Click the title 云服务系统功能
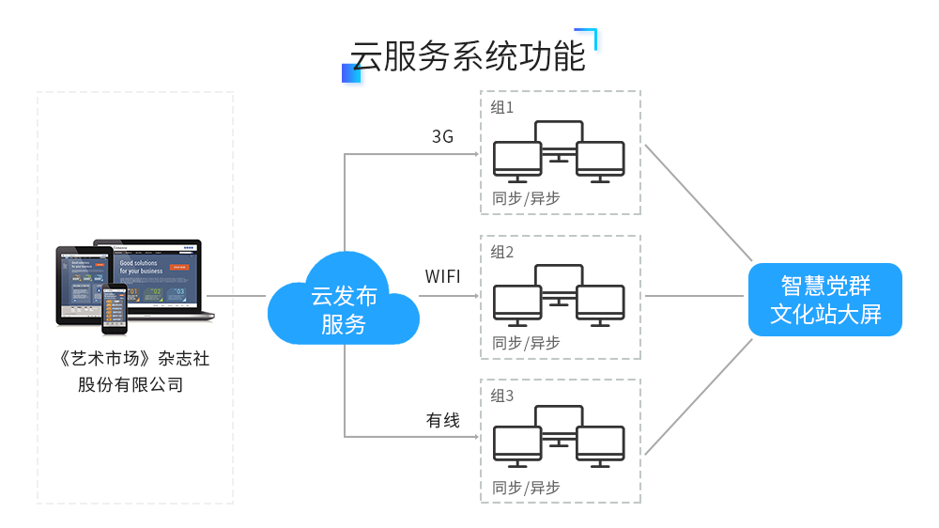pyautogui.click(x=468, y=56)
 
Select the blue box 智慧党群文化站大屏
pyautogui.click(x=825, y=300)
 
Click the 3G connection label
pyautogui.click(x=442, y=137)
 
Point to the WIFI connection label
pyautogui.click(x=442, y=277)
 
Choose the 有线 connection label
pyautogui.click(x=443, y=421)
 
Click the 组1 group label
pyautogui.click(x=502, y=107)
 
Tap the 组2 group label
pyautogui.click(x=502, y=252)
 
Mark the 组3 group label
pyautogui.click(x=502, y=396)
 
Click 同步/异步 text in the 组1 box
pyautogui.click(x=526, y=198)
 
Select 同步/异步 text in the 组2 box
pyautogui.click(x=526, y=343)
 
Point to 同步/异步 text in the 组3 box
pyautogui.click(x=526, y=488)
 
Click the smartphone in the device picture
pyautogui.click(x=115, y=308)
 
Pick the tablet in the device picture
pyautogui.click(x=80, y=284)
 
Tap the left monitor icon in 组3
pyautogui.click(x=517, y=444)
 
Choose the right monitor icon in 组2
pyautogui.click(x=601, y=302)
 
